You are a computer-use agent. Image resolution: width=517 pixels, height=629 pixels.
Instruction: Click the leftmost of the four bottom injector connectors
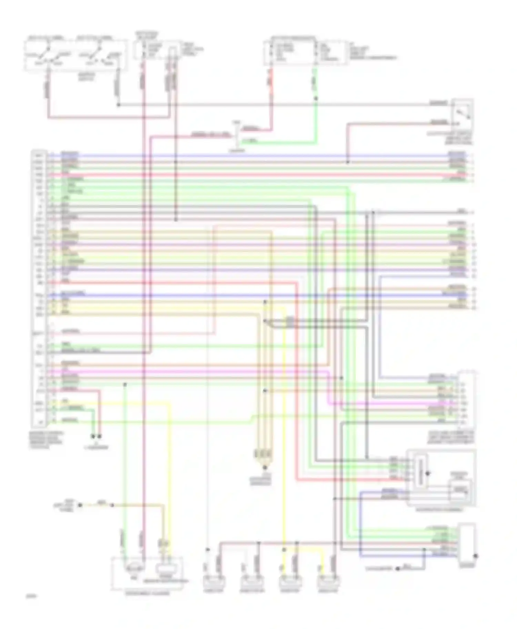pyautogui.click(x=214, y=583)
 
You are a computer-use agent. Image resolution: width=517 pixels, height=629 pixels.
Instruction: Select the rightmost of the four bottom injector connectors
pyautogui.click(x=328, y=583)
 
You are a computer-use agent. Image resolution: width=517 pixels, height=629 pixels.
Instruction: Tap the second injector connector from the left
pyautogui.click(x=252, y=583)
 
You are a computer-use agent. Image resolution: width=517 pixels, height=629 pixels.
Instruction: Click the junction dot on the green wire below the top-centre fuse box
pyautogui.click(x=315, y=98)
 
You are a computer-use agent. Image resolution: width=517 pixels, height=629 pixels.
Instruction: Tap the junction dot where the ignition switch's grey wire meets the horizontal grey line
pyautogui.click(x=118, y=104)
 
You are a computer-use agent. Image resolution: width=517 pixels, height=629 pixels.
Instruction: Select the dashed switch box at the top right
pyautogui.click(x=462, y=114)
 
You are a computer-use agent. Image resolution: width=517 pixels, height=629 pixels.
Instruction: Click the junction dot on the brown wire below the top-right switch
pyautogui.click(x=347, y=162)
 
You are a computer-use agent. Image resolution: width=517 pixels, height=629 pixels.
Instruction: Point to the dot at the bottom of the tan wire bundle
pyautogui.click(x=265, y=467)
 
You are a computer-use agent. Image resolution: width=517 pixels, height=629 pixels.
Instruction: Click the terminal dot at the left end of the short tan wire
pyautogui.click(x=80, y=505)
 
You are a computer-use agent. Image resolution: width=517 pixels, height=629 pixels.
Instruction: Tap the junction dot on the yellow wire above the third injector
pyautogui.click(x=284, y=550)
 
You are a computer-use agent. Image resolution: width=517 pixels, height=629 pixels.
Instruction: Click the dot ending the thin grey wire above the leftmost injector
pyautogui.click(x=207, y=550)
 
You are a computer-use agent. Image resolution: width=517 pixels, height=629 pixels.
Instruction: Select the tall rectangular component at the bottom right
pyautogui.click(x=467, y=545)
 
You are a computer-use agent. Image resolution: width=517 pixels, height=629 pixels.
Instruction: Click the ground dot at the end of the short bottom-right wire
pyautogui.click(x=397, y=569)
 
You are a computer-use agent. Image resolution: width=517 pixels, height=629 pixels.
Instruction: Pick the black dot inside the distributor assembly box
pyautogui.click(x=428, y=473)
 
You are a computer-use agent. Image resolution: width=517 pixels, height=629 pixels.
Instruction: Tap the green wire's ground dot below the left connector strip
pyautogui.click(x=93, y=436)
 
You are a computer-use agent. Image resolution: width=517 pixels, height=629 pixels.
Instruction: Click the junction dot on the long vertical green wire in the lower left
pyautogui.click(x=125, y=384)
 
